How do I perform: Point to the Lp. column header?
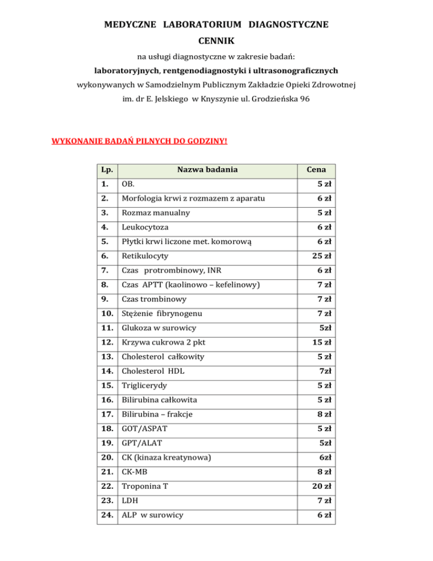[104, 169]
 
